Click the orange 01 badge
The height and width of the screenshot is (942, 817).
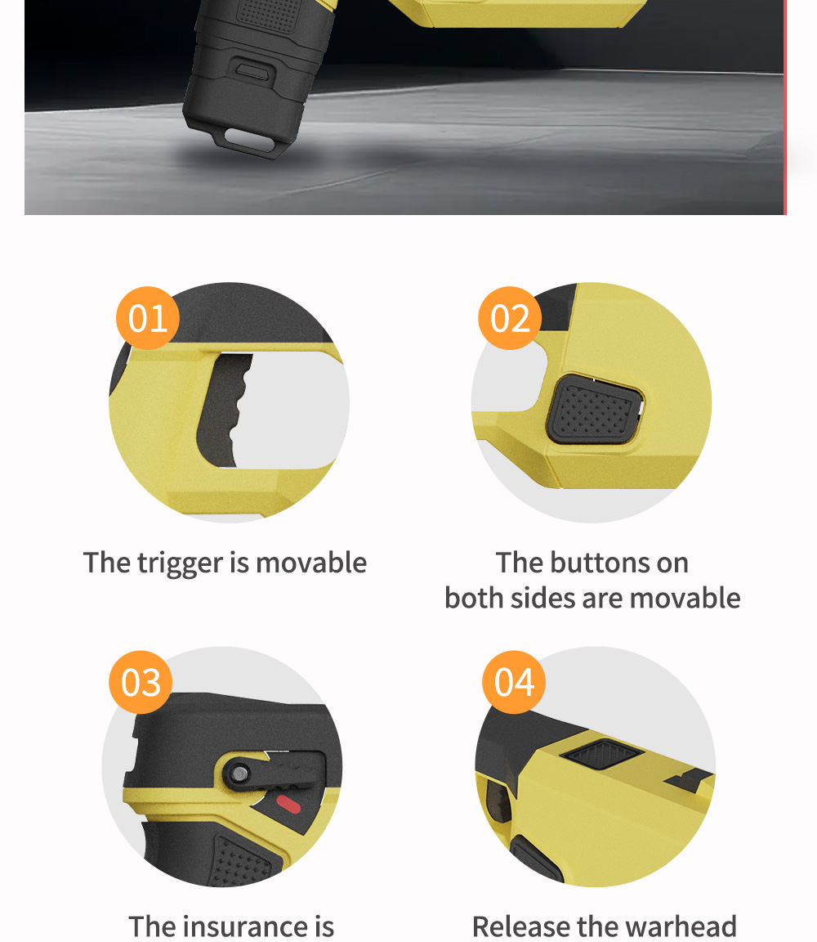pos(148,318)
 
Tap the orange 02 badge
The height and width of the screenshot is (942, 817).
pos(510,318)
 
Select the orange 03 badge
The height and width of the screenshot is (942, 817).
pos(141,682)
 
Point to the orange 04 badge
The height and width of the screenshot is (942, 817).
pos(514,682)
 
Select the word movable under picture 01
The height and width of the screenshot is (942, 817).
pos(311,563)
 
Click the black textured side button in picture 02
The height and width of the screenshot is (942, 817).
pos(594,410)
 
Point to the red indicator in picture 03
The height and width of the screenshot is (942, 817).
pos(288,805)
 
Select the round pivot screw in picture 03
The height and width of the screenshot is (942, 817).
pos(240,774)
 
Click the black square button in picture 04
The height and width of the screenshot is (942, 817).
pos(602,753)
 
